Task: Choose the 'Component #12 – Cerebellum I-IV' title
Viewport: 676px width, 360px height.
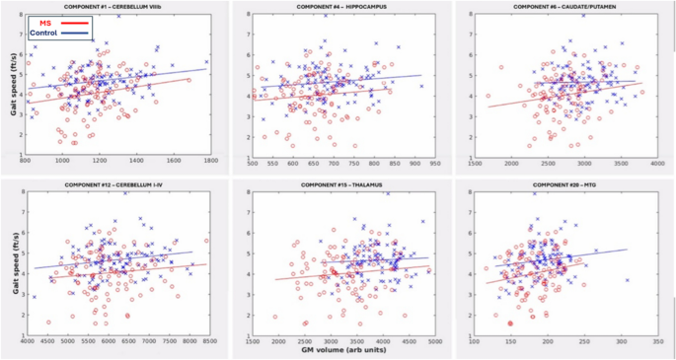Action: coord(115,184)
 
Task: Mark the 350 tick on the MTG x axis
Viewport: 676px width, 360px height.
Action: coord(657,340)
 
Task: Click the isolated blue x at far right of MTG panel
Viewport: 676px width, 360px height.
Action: coord(627,280)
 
